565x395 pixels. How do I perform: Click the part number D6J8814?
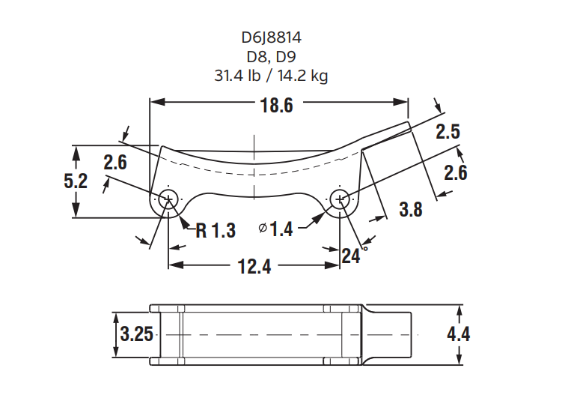coord(272,37)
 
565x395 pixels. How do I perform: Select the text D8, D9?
coord(272,57)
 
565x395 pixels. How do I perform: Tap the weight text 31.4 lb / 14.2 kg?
coord(272,76)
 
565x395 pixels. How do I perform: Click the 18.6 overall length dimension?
coord(277,106)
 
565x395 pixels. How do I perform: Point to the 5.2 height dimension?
coord(76,181)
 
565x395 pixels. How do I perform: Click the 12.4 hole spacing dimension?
coord(254,267)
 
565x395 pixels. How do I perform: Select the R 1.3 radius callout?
coord(216,230)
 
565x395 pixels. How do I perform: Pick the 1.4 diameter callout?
coord(276,229)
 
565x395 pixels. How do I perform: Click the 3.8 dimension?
coord(411,209)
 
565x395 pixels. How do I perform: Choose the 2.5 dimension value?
coord(448,131)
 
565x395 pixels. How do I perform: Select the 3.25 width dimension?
coord(136,334)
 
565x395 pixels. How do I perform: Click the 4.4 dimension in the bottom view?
coord(458,334)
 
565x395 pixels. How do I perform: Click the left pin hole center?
coord(168,199)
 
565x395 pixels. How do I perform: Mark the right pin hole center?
coord(340,199)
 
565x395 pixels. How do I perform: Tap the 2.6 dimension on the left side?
coord(115,163)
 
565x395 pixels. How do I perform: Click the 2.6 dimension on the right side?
coord(456,172)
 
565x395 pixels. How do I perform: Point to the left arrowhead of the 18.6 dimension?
coord(157,102)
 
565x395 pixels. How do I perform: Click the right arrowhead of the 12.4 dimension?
coord(332,265)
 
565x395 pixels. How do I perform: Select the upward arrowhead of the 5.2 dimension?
coord(76,153)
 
